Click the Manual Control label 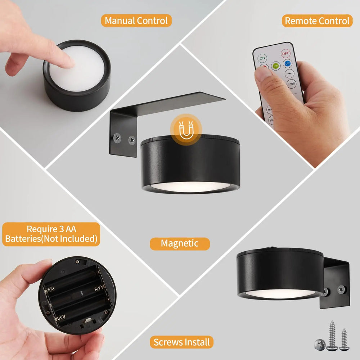coord(136,21)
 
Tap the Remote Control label coord(317,21)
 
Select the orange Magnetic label coord(180,243)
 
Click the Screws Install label coord(182,342)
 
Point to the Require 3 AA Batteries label coord(51,234)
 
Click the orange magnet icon coord(186,130)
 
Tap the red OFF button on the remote coord(285,53)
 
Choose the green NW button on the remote coord(276,66)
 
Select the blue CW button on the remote coord(287,64)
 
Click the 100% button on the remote coord(291,84)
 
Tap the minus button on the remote coord(289,74)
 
